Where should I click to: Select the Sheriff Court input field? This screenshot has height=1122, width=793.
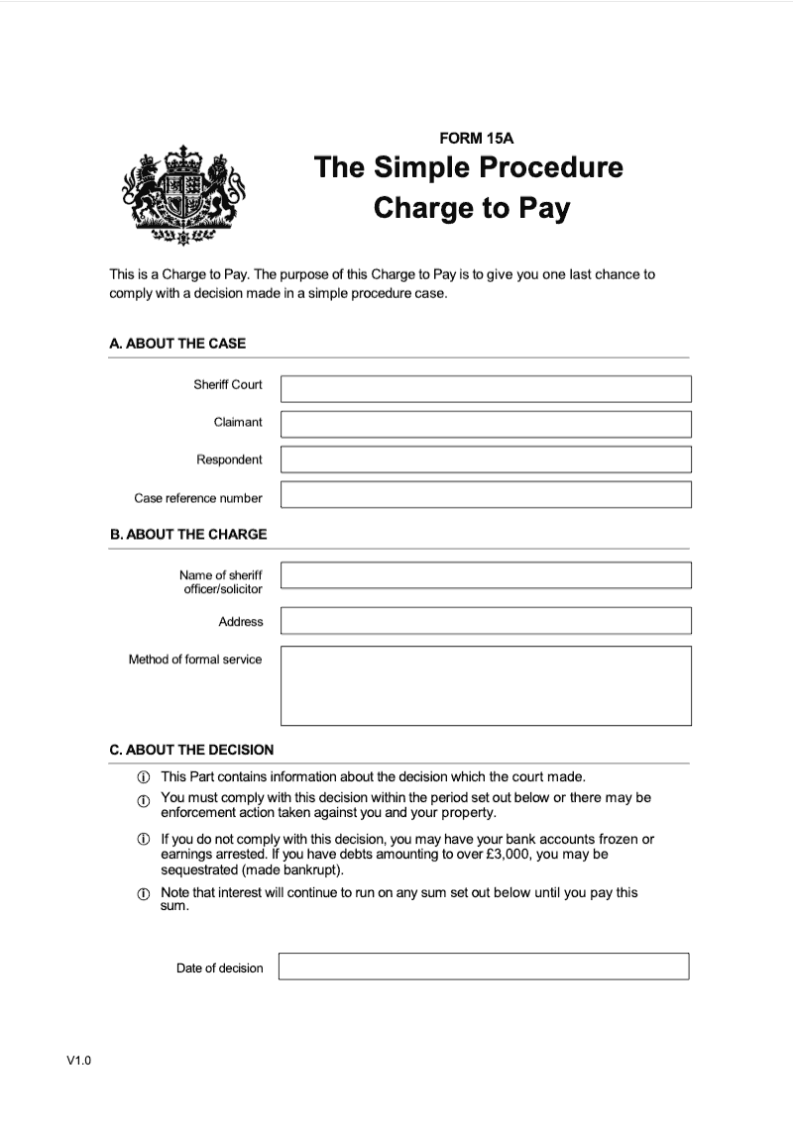pos(486,388)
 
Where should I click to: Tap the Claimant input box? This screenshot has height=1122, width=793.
pos(486,424)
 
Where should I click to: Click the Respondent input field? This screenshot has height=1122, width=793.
pos(486,459)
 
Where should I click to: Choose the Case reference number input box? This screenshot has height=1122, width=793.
pos(486,494)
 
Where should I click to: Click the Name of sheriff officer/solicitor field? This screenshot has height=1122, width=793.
pos(486,575)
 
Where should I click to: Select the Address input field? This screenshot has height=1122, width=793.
pos(486,621)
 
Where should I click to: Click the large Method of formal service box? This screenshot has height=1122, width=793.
pos(486,685)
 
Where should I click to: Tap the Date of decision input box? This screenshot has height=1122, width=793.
pos(484,967)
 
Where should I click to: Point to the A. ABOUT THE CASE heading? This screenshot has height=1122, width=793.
pos(177,344)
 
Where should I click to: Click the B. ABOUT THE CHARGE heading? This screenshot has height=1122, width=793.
pos(188,534)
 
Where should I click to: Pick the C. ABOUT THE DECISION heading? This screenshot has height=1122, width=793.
pos(191,750)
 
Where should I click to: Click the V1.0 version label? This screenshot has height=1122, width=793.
pos(79,1062)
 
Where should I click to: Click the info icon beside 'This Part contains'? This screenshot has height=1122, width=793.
pos(143,777)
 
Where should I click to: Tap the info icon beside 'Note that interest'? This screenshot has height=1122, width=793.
pos(143,894)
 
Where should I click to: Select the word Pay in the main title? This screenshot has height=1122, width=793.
pos(546,209)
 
